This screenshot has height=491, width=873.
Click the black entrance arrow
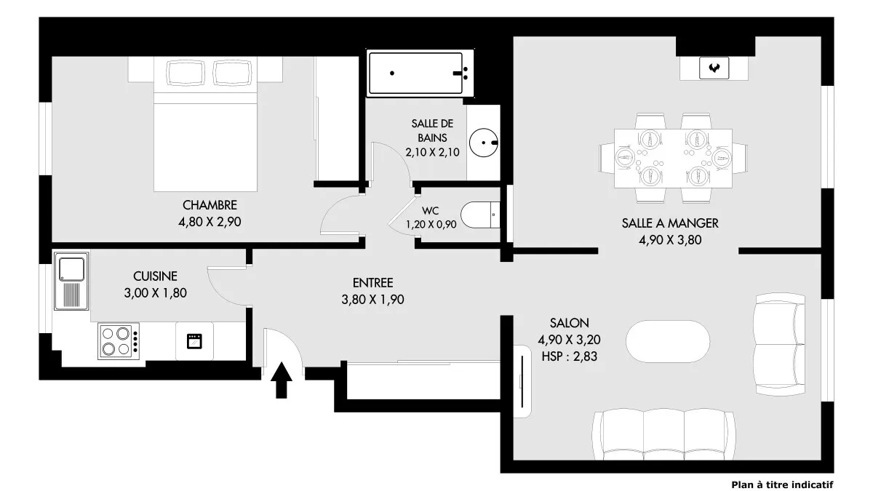point(282,380)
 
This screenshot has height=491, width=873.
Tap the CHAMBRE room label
point(210,205)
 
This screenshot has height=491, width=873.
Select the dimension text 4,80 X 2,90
point(210,222)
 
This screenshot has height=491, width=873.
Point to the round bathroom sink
point(484,143)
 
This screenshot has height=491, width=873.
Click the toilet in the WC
point(480,215)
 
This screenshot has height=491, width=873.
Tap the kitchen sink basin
point(71,269)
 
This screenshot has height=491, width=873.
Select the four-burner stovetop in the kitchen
point(119,341)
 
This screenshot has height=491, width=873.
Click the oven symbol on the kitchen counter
point(194,341)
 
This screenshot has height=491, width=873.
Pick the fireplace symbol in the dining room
point(714,68)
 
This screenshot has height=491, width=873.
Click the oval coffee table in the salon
point(668,341)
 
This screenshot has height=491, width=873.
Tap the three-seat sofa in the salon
point(663,434)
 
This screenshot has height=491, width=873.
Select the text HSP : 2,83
point(570,356)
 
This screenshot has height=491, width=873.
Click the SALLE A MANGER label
point(670,223)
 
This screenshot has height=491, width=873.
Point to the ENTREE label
point(372,283)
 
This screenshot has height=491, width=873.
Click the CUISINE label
point(155,276)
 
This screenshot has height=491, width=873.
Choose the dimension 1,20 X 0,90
point(431,225)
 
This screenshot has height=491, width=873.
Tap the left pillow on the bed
point(186,73)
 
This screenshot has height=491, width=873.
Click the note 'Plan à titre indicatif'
point(782,484)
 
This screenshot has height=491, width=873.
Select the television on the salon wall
point(522,381)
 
